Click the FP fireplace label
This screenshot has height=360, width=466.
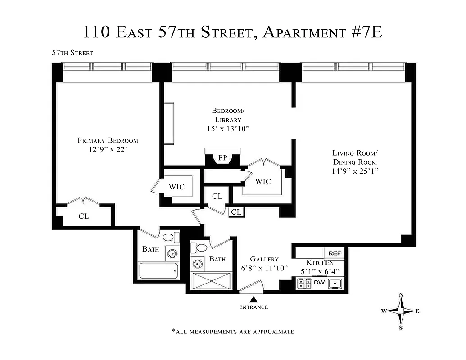222,158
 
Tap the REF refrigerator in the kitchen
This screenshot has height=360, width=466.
335,254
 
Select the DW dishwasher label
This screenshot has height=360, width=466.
319,283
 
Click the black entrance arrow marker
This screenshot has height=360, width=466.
253,299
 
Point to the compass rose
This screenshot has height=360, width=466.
401,310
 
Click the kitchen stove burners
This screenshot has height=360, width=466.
304,283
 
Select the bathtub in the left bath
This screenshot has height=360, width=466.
158,271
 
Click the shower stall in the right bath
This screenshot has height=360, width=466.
211,281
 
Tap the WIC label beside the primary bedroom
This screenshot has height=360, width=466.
176,187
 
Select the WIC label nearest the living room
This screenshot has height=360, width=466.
263,181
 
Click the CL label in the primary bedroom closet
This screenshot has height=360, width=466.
84,216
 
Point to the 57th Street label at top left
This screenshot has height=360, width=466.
72,53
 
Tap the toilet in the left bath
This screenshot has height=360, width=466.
169,238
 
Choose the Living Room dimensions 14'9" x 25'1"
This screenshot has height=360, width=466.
354,171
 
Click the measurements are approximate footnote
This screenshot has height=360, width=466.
233,332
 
